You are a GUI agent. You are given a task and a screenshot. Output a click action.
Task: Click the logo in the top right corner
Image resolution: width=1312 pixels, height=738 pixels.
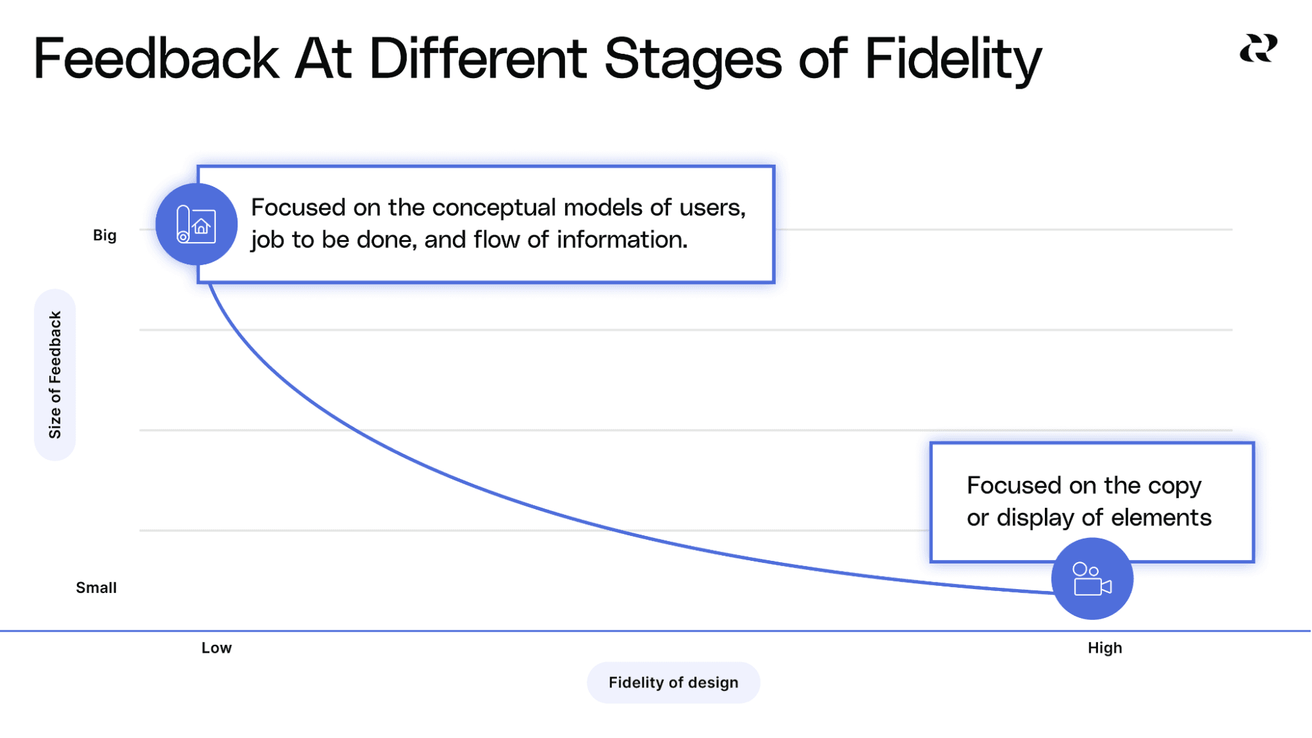[1258, 49]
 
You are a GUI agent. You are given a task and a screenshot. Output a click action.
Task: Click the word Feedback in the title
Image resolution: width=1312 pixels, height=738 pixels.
[156, 58]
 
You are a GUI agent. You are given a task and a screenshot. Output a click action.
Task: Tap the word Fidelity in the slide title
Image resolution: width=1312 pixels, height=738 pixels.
[952, 58]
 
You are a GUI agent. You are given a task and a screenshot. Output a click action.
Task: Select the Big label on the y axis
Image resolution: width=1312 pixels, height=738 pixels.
[104, 235]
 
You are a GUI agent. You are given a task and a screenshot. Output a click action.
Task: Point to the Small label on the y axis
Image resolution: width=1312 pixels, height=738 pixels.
[96, 587]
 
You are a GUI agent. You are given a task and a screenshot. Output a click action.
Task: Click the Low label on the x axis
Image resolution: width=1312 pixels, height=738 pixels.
[216, 647]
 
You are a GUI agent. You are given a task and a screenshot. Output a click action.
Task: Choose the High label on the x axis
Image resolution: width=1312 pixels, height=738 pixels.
[1105, 647]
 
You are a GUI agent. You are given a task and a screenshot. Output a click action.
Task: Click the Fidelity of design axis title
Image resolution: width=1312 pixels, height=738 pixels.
[673, 682]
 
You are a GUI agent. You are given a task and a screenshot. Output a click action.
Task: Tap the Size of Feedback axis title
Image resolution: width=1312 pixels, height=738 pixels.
[54, 375]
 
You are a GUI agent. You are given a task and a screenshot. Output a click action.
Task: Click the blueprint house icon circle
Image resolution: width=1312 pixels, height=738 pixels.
[196, 224]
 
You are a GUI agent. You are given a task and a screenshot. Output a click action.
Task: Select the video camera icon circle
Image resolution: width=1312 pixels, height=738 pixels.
[1091, 579]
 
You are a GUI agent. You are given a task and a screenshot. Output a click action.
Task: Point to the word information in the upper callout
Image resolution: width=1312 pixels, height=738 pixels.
[621, 239]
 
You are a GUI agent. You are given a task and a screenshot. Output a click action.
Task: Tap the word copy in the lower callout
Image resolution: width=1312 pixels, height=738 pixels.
[1174, 486]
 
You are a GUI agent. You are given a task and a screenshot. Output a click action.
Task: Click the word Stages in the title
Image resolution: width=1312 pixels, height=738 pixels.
[692, 58]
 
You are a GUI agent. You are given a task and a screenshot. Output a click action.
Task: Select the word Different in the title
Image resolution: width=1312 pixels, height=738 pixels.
[477, 58]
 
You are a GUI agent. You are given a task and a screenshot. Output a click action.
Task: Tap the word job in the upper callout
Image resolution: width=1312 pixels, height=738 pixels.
[267, 240]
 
